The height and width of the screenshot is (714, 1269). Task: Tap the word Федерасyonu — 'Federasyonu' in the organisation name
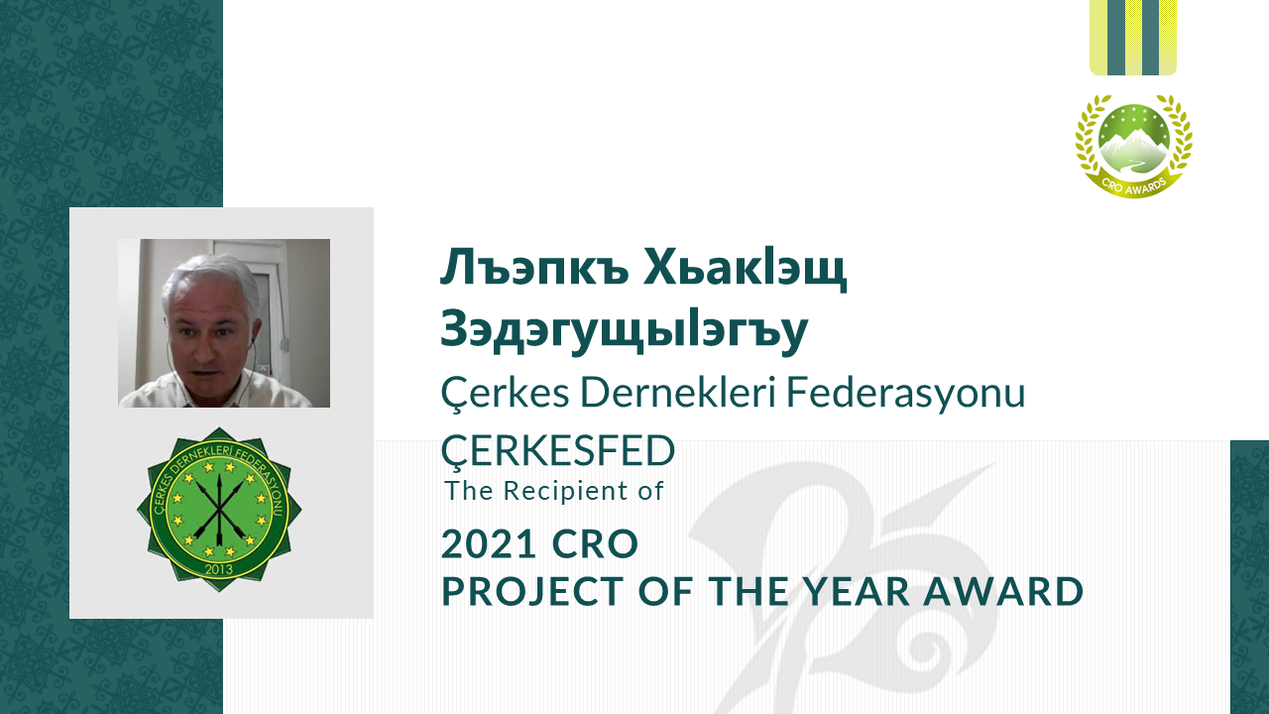click(x=906, y=392)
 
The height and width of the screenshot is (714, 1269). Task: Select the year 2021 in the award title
click(x=489, y=543)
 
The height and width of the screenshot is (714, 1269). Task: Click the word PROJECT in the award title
click(x=532, y=591)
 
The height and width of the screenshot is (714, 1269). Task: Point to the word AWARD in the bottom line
click(x=1003, y=591)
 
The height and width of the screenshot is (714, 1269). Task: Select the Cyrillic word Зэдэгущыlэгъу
click(x=625, y=330)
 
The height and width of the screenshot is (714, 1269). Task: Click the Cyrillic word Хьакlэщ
click(x=745, y=268)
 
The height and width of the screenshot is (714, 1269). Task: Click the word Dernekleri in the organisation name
click(x=677, y=392)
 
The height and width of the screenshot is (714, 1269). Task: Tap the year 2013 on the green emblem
click(x=219, y=569)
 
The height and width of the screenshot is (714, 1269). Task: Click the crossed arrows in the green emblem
click(x=219, y=507)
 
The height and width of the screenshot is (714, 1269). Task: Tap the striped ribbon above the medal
click(x=1133, y=38)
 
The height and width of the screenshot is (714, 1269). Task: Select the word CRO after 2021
click(x=595, y=543)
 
